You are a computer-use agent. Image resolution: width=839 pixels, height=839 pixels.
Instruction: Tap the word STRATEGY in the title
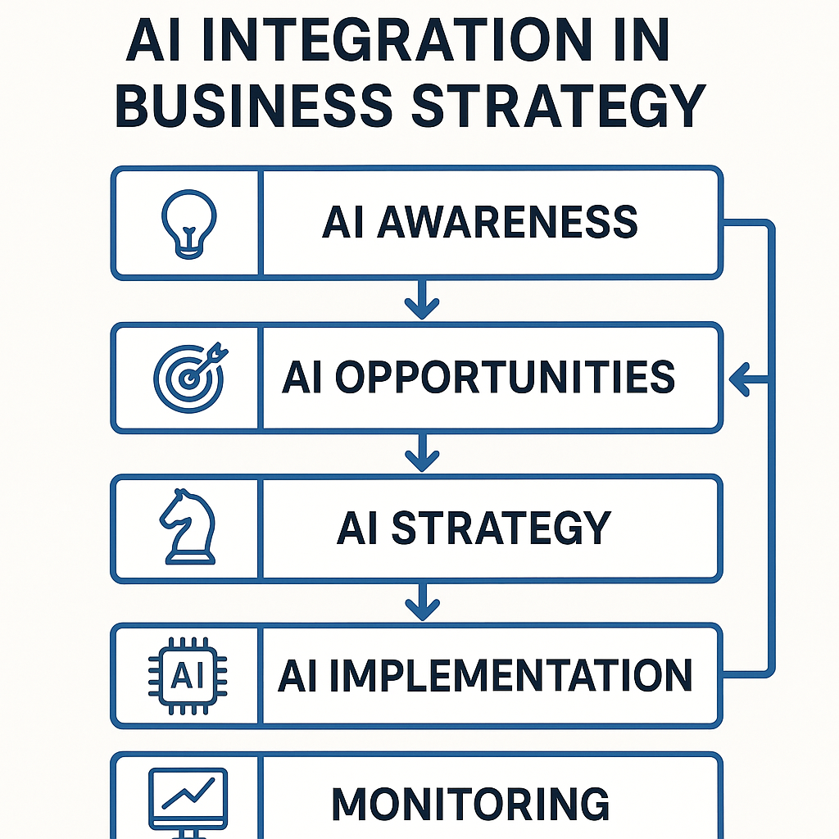[x=559, y=105]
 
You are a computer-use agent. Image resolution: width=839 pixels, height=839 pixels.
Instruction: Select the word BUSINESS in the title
[x=254, y=105]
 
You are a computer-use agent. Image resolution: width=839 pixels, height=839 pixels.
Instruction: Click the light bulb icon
[x=189, y=224]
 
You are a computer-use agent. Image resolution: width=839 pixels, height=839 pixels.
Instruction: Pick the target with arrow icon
[x=190, y=377]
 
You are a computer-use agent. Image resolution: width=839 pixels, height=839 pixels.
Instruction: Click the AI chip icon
[x=188, y=675]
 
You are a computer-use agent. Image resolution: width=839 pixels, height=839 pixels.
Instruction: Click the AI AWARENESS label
[x=479, y=222]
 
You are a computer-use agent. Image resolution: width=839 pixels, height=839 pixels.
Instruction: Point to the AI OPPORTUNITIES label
[x=478, y=377]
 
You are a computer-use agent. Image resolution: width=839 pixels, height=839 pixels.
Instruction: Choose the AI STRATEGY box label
[x=474, y=527]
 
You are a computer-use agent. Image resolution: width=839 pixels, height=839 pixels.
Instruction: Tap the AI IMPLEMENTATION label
[x=485, y=675]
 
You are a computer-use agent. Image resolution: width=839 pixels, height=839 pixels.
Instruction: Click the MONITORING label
[x=470, y=803]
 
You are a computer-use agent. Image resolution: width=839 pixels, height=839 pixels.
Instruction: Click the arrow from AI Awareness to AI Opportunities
[x=422, y=299]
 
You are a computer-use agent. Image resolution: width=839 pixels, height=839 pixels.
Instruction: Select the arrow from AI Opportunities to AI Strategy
[x=422, y=452]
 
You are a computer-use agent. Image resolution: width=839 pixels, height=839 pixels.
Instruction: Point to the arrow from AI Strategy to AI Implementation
[x=422, y=601]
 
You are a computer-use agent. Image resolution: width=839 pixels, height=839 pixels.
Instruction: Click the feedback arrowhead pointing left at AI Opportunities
[x=739, y=379]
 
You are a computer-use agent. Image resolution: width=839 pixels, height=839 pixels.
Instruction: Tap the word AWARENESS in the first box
[x=506, y=222]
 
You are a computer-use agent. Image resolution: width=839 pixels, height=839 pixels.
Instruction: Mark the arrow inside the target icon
[x=207, y=361]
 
